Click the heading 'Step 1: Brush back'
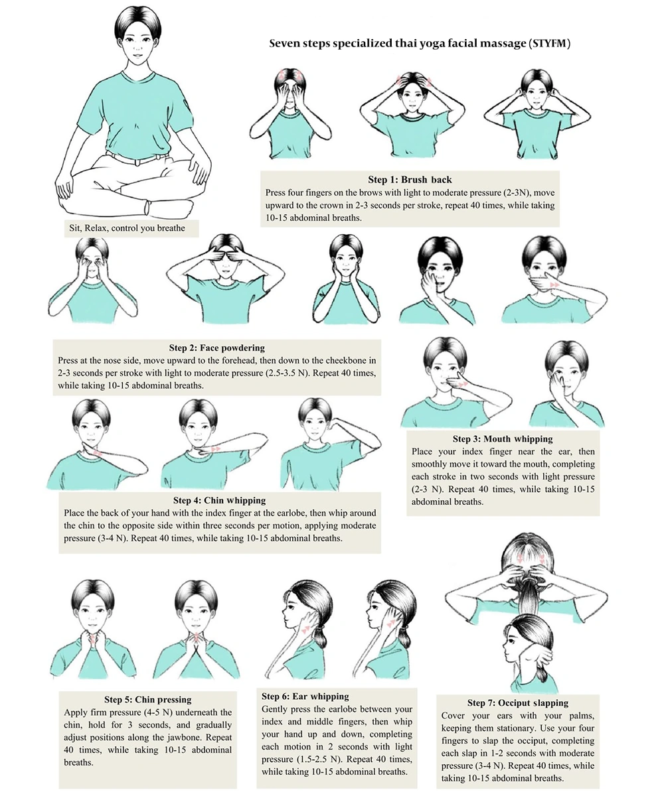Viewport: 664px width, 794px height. [410, 179]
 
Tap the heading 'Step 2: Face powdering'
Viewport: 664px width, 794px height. [217, 348]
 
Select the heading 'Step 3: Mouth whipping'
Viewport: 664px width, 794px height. [503, 438]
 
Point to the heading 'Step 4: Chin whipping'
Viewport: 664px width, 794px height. [220, 500]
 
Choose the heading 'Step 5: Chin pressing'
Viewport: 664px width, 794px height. [148, 699]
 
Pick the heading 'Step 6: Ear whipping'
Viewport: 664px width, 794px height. [305, 696]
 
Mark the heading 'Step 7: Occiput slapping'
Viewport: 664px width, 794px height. [517, 703]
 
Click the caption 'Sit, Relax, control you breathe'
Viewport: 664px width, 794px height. [127, 228]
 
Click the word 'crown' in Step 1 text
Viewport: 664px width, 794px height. [331, 206]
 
